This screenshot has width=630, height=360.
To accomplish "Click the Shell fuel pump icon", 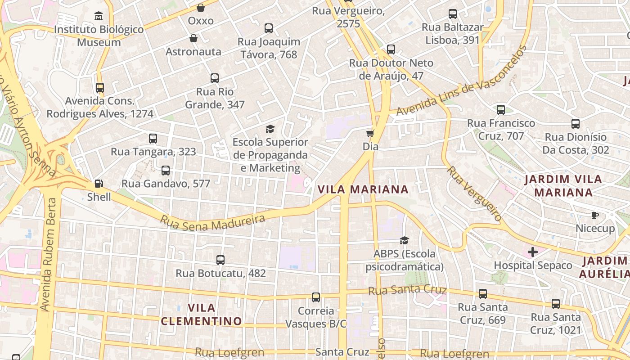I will coord(99,184).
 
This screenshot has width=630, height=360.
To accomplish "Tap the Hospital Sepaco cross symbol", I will coord(533,252).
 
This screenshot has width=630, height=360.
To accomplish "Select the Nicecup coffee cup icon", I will coord(594,215).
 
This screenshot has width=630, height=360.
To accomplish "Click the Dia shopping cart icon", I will coord(370,133).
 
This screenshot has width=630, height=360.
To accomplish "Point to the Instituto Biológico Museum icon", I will coord(99,16).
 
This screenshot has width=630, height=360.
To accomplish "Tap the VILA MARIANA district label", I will coord(363,189).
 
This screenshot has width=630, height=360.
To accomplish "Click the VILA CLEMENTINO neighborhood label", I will coord(201,315).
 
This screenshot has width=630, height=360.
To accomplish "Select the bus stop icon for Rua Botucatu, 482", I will coord(220,260).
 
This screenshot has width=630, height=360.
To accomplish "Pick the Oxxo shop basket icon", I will coord(201,8).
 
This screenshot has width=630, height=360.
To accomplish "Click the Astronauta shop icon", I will coord(193,38).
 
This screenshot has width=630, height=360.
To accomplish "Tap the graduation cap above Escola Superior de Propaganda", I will coord(270,129).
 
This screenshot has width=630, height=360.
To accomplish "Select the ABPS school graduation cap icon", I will coord(404,241).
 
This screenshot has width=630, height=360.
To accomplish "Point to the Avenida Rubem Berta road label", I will coord(50,261).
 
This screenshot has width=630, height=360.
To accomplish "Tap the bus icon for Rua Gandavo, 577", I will coord(165,171).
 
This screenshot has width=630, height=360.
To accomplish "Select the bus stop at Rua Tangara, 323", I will coord(153,139).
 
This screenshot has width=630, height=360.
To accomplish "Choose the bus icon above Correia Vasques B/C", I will coord(316,297).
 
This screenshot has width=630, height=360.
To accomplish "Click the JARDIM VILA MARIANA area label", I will coord(564,186).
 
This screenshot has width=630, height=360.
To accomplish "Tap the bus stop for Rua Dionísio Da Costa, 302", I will coord(575,124).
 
